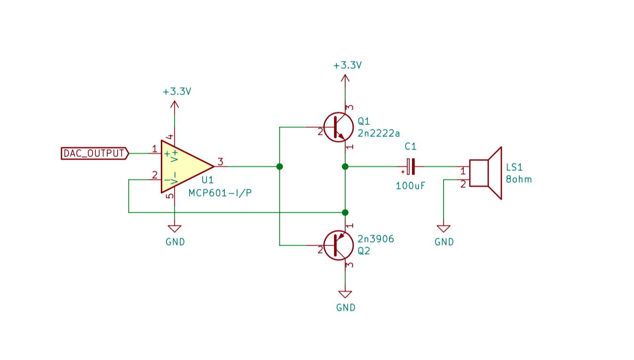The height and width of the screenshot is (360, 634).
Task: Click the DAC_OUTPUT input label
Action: coord(95,153)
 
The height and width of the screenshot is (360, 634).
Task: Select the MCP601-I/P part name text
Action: coord(220,193)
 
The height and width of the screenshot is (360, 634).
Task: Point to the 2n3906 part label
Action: coord(375,239)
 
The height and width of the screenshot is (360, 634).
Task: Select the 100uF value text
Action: coord(411,185)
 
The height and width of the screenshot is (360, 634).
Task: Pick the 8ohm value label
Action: coord(519,179)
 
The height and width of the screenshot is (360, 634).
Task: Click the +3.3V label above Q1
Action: coord(347,65)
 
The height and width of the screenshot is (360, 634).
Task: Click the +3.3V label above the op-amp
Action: coord(177,92)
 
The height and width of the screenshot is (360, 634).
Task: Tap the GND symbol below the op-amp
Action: coord(174,229)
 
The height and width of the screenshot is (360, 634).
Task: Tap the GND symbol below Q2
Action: coord(345,295)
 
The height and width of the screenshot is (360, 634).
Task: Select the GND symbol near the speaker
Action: coord(444,229)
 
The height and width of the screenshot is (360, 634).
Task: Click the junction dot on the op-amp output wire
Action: coord(279,167)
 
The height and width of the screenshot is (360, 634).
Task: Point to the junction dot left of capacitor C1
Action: coord(345,167)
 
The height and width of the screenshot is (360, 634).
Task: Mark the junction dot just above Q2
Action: coord(345,212)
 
